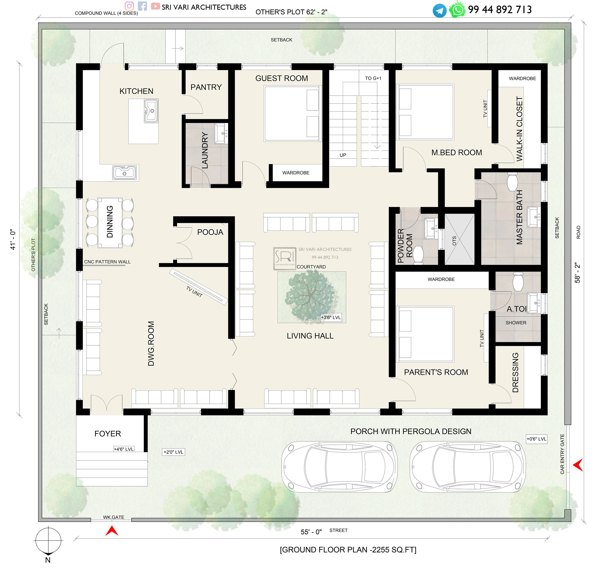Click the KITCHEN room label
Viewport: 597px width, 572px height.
click(136, 91)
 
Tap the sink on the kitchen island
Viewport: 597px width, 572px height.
click(151, 111)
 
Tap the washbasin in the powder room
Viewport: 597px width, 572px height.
click(431, 228)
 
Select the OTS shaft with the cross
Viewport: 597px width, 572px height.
click(459, 239)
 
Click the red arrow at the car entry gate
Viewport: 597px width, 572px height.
click(578, 465)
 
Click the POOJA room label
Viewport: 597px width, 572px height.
click(210, 232)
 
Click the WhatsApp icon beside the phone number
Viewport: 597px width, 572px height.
click(457, 10)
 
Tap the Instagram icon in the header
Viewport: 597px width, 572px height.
click(129, 6)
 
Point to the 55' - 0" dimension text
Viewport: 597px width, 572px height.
click(311, 532)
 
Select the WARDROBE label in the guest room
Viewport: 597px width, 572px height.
click(296, 173)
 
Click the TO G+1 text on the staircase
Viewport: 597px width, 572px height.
click(373, 78)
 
